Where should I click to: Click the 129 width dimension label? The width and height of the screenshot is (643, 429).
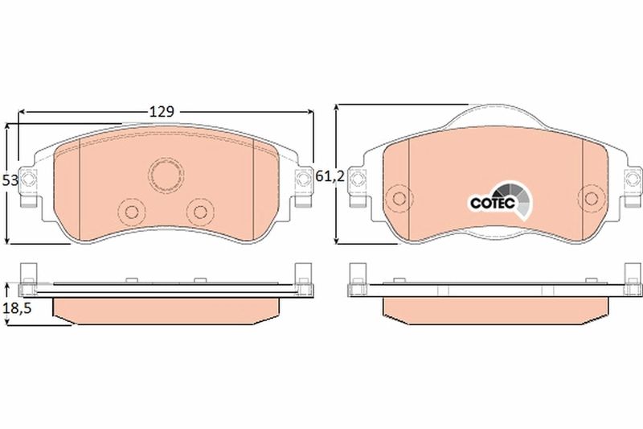pyautogui.click(x=162, y=111)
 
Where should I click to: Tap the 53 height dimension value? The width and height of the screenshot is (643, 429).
pyautogui.click(x=10, y=180)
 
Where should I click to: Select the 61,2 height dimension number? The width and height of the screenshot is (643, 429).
pyautogui.click(x=330, y=176)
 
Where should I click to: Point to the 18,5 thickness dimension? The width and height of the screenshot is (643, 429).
pyautogui.click(x=17, y=308)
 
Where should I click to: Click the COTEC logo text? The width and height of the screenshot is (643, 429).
pyautogui.click(x=492, y=203)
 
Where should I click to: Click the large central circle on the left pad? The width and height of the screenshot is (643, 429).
pyautogui.click(x=166, y=175)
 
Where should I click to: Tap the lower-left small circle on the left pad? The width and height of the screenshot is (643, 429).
pyautogui.click(x=132, y=212)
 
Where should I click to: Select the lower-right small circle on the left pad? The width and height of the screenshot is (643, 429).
pyautogui.click(x=200, y=212)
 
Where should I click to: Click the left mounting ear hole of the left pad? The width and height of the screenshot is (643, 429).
pyautogui.click(x=28, y=179)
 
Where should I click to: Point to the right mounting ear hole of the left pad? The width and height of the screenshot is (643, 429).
pyautogui.click(x=303, y=179)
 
